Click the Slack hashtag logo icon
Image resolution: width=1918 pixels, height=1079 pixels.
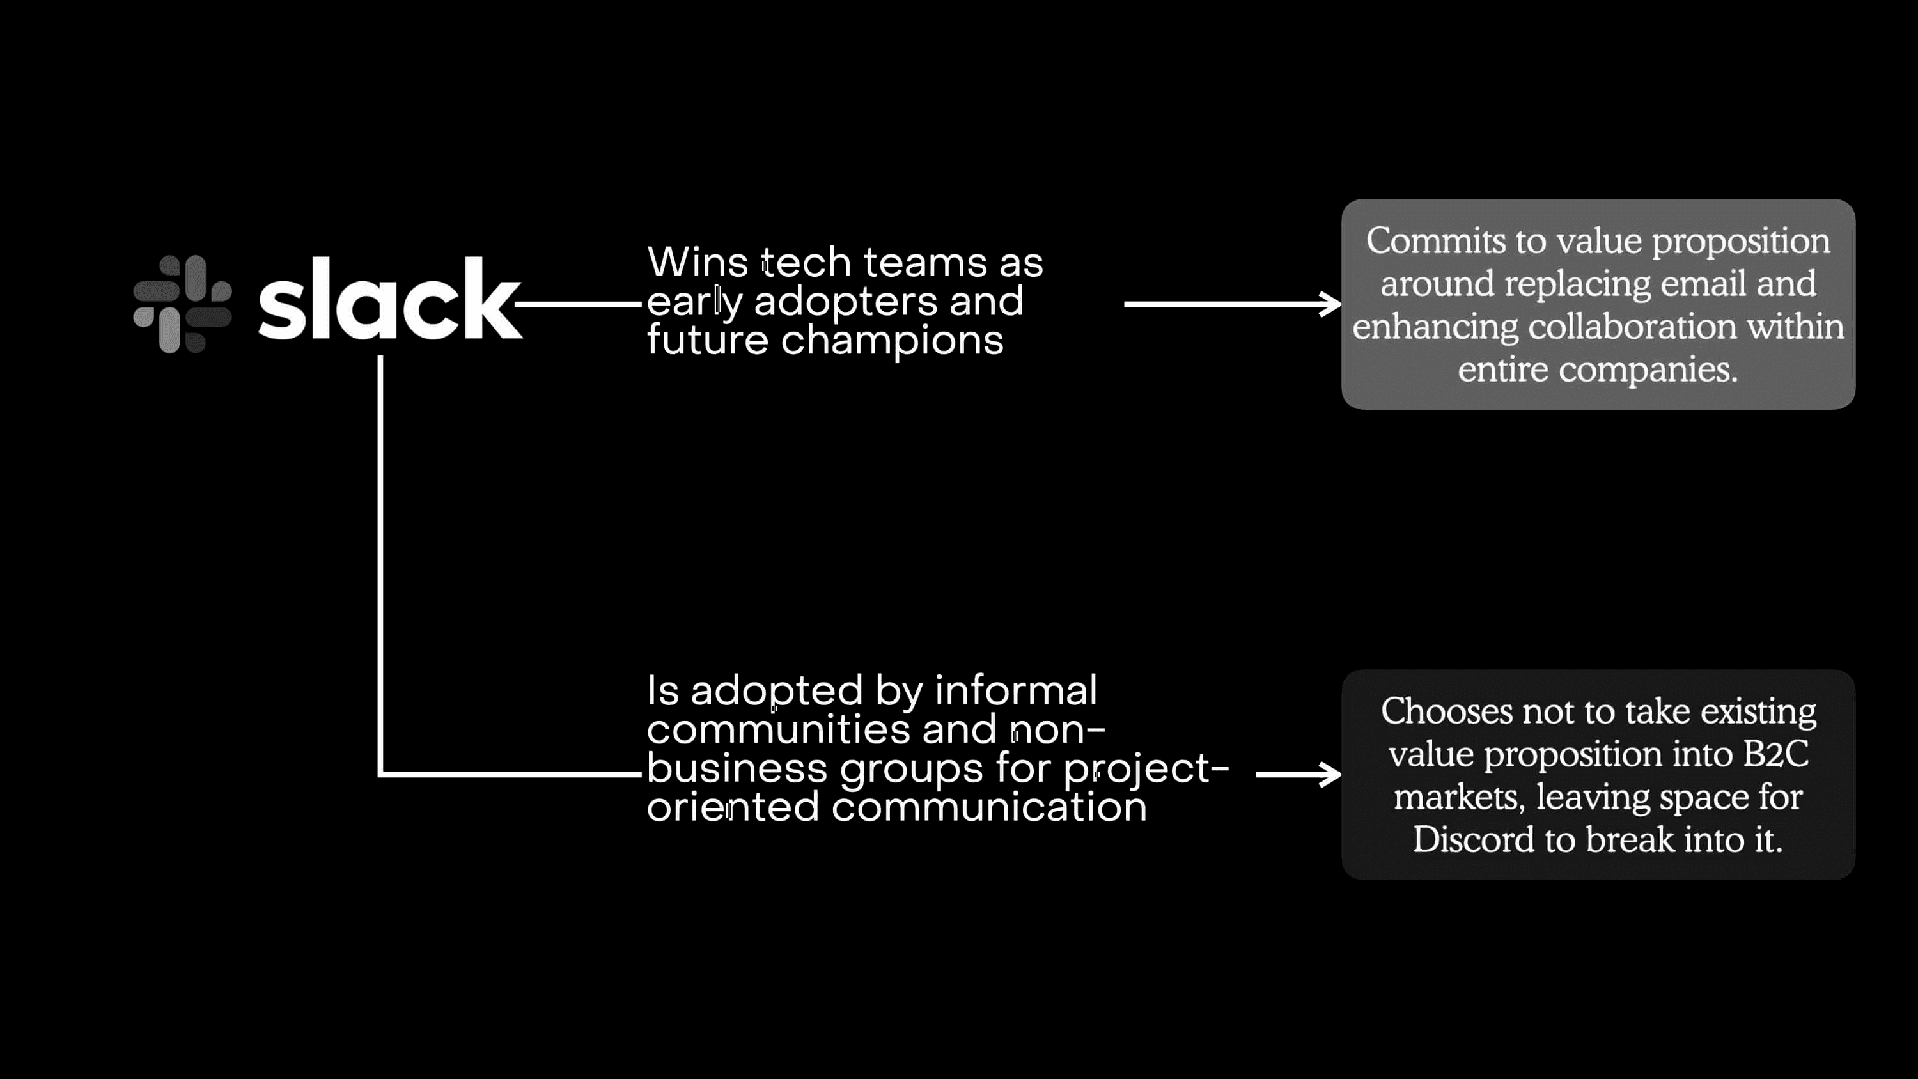pyautogui.click(x=182, y=304)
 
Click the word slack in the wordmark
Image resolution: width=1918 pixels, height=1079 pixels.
pyautogui.click(x=390, y=299)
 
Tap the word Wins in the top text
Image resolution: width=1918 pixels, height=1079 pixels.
pyautogui.click(x=698, y=262)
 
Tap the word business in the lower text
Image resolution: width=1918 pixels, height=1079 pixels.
pyautogui.click(x=737, y=768)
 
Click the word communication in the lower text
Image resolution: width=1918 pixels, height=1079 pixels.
pyautogui.click(x=989, y=807)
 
